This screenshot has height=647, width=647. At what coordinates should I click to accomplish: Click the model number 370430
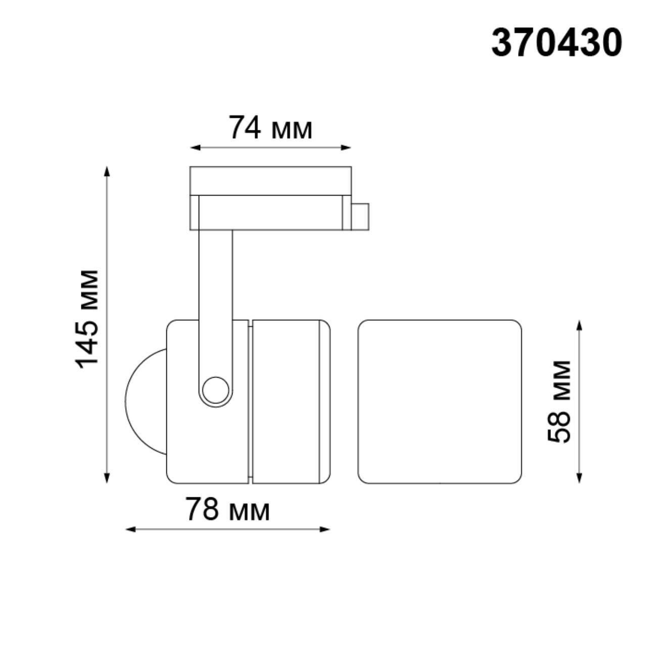click(x=557, y=42)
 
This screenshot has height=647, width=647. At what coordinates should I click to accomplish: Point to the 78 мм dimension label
click(x=227, y=509)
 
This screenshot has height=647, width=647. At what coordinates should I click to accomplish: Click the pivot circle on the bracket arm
click(x=214, y=390)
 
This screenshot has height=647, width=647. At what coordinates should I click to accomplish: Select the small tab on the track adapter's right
click(x=360, y=216)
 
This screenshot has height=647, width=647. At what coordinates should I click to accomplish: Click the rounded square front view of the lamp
click(x=439, y=401)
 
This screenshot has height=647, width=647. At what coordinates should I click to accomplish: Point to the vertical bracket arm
click(x=216, y=293)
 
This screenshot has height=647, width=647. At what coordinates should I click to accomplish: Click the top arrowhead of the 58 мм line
click(x=579, y=325)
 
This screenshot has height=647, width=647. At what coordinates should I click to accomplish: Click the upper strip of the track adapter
click(x=270, y=180)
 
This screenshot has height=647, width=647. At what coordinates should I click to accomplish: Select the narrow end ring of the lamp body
click(x=325, y=401)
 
